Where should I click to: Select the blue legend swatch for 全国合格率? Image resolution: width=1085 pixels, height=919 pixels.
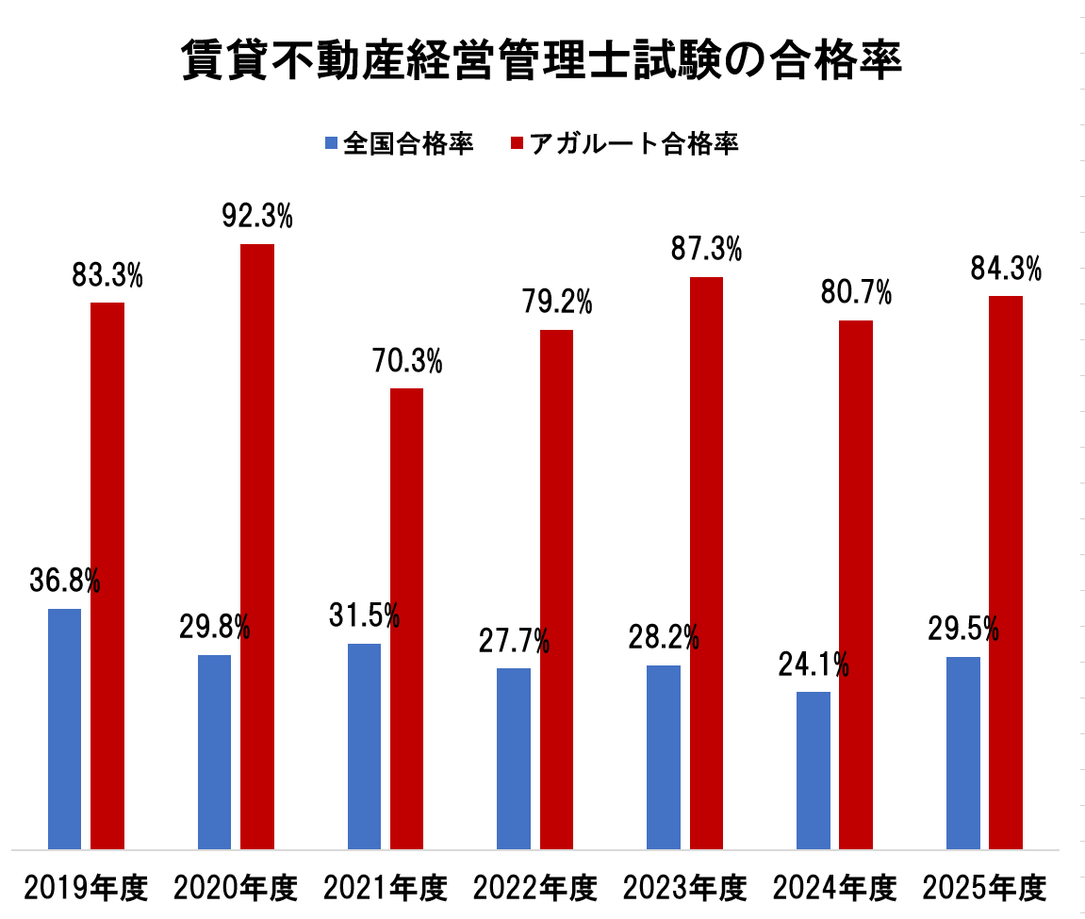click(331, 143)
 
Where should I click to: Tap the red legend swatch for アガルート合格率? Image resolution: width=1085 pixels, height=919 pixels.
click(517, 143)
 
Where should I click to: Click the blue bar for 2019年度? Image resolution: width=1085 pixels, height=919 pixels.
click(64, 729)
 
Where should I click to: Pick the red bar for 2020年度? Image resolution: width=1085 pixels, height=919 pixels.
click(256, 547)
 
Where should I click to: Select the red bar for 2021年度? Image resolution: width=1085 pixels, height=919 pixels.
click(406, 618)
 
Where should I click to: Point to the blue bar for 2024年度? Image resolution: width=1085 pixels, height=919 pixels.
click(813, 770)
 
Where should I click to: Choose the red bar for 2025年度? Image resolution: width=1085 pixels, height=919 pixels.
click(1005, 572)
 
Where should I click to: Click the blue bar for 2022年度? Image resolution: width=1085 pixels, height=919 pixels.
click(514, 759)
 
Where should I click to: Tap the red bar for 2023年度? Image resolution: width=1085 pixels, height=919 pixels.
click(706, 563)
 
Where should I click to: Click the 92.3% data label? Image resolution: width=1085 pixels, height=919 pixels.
click(257, 217)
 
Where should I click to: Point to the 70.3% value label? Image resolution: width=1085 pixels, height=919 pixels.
click(407, 361)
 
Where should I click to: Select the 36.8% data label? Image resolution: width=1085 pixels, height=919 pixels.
click(64, 582)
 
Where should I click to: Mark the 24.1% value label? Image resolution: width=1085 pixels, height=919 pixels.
click(814, 665)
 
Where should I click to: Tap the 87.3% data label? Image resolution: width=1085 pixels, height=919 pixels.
click(706, 250)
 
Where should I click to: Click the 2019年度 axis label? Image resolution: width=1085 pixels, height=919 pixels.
click(86, 888)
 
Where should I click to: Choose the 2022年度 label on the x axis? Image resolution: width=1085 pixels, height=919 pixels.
click(535, 888)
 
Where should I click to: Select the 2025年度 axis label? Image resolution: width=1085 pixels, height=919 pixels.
click(985, 888)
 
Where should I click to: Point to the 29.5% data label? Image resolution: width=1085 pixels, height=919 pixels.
click(962, 630)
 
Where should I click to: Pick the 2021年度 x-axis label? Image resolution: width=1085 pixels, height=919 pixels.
click(386, 888)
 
